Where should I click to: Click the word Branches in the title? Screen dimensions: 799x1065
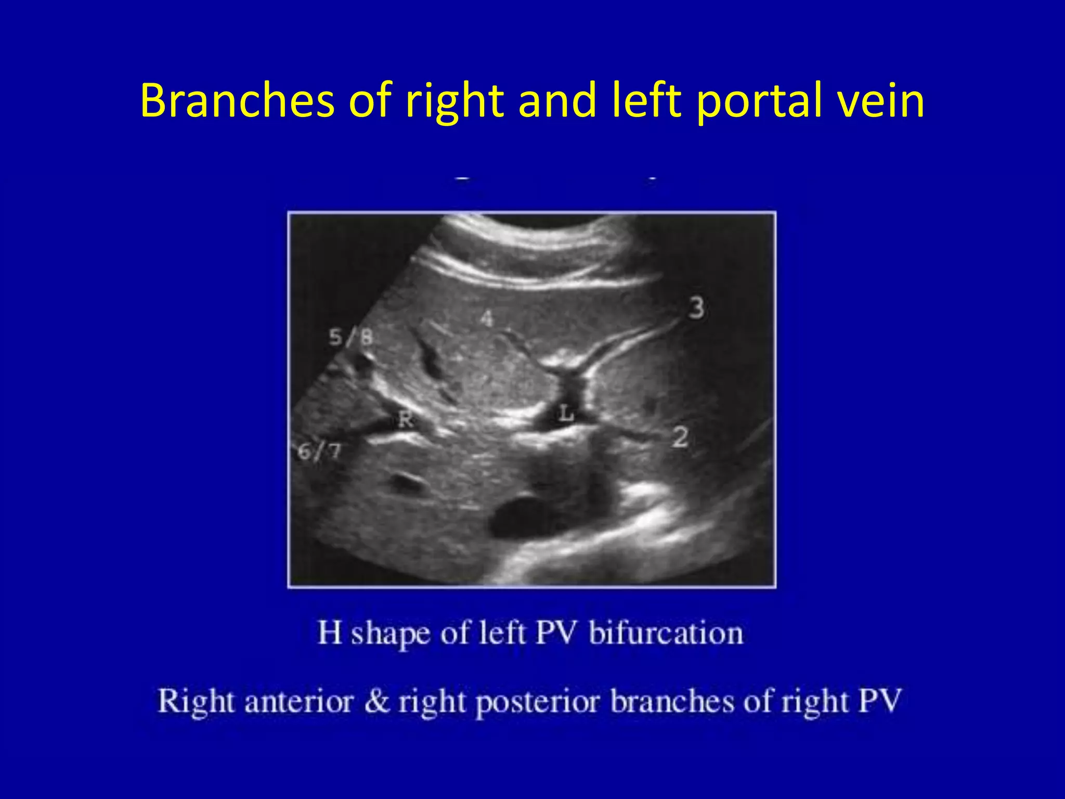point(237,100)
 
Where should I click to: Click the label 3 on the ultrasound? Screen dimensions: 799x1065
point(696,308)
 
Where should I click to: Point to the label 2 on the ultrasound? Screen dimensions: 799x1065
point(680,436)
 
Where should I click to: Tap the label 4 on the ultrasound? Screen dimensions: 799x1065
point(486,318)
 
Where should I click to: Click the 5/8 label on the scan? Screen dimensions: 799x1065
point(351,338)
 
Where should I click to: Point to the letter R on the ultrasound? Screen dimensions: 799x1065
point(406,419)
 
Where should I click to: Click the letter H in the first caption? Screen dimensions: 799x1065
point(330,633)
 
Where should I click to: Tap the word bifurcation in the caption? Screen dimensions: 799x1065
point(666,633)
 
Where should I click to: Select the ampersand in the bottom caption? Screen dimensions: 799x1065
point(376,701)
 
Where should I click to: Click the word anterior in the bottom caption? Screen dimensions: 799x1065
point(299,701)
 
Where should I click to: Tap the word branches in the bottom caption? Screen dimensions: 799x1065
point(672,701)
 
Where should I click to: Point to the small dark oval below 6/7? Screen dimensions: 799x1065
point(407,482)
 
